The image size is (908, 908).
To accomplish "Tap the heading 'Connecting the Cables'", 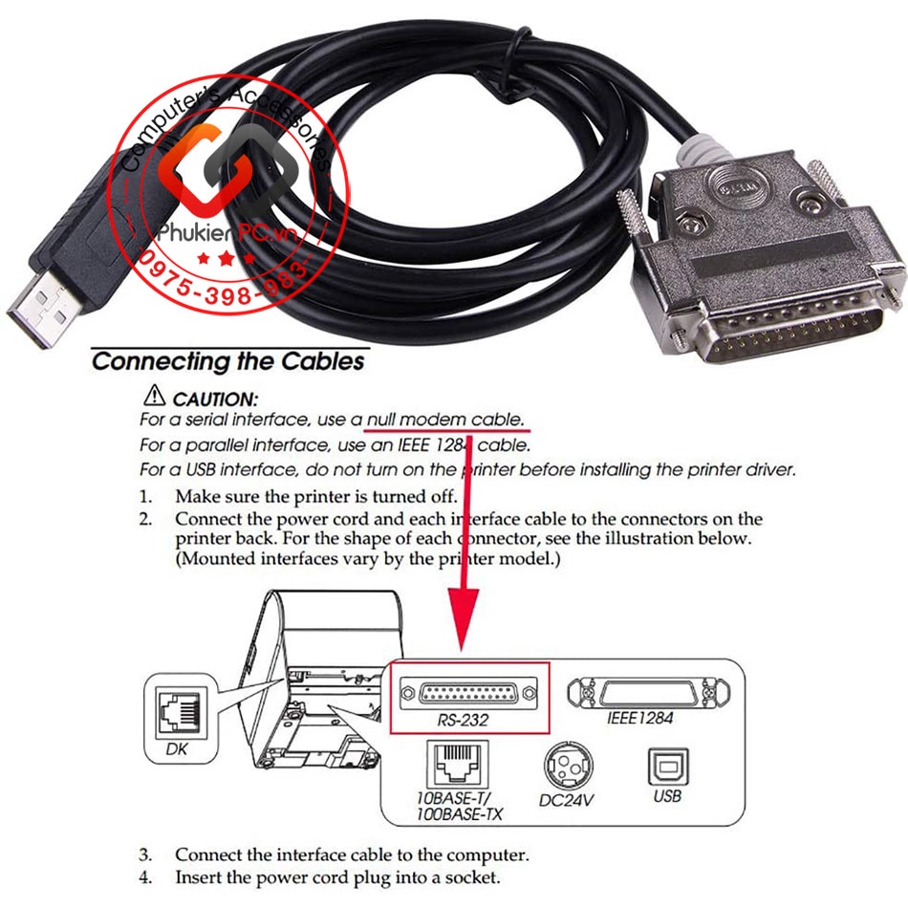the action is (228, 361).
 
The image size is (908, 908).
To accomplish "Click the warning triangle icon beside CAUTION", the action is (154, 395).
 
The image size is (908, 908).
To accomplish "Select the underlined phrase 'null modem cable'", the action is (444, 420).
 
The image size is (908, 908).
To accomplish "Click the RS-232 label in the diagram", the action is (463, 720).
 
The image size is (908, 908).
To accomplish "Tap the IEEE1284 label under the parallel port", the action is (639, 718).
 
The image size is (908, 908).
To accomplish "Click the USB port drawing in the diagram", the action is (668, 767).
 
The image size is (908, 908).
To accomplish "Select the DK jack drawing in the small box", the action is (179, 715).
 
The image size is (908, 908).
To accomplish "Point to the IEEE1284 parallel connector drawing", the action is (648, 693).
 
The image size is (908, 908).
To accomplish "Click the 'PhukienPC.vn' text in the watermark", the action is (227, 233).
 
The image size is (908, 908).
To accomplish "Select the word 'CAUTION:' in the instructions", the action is (215, 399).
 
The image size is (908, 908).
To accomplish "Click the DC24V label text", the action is (567, 800).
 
